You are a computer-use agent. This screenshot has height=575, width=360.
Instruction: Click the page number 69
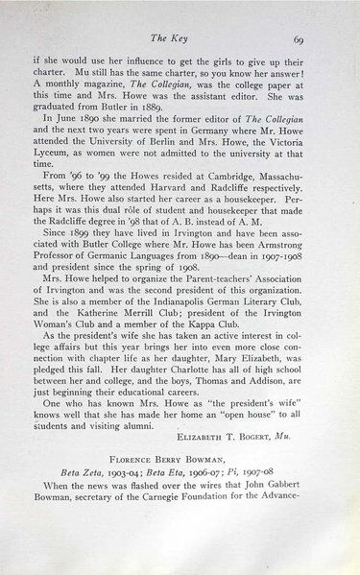click(x=299, y=40)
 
